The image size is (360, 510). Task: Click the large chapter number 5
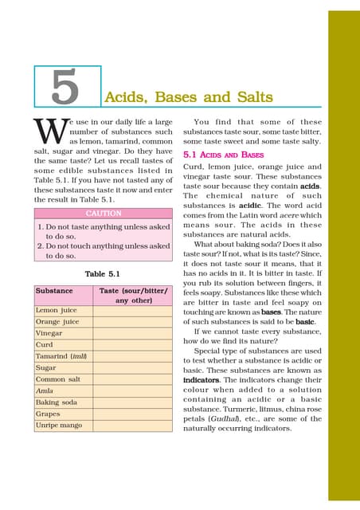(x=66, y=87)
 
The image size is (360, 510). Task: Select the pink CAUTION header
(x=103, y=214)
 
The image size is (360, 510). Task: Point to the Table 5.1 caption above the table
(x=102, y=273)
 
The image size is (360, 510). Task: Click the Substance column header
(x=54, y=292)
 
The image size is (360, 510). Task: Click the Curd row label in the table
(x=45, y=344)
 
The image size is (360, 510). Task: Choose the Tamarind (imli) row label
(x=61, y=356)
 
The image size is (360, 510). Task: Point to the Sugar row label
(x=47, y=368)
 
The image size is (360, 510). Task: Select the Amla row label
(x=45, y=391)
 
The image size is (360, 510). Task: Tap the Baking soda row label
(x=57, y=403)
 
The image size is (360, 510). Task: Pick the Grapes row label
(x=49, y=414)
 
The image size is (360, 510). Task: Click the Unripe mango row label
(x=59, y=426)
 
